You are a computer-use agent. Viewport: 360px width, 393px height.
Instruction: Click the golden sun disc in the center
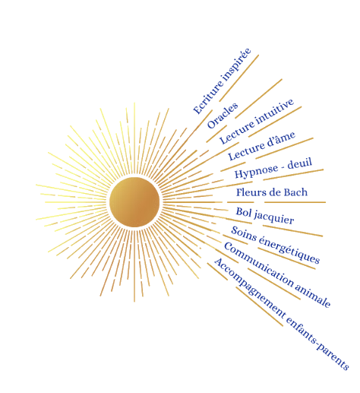click(x=134, y=202)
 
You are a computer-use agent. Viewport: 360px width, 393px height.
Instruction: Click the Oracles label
click(x=223, y=116)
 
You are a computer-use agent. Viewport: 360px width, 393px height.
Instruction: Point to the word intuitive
click(x=274, y=111)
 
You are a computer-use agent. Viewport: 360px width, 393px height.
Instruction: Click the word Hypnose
click(x=256, y=171)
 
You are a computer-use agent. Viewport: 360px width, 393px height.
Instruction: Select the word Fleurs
click(x=248, y=192)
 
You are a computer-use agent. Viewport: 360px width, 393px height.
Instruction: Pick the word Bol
click(x=244, y=212)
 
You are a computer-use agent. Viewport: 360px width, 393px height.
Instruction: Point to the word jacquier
click(x=274, y=218)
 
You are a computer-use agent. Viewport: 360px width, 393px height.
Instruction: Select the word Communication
click(x=258, y=265)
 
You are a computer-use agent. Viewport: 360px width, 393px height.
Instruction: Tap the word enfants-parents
click(x=317, y=344)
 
